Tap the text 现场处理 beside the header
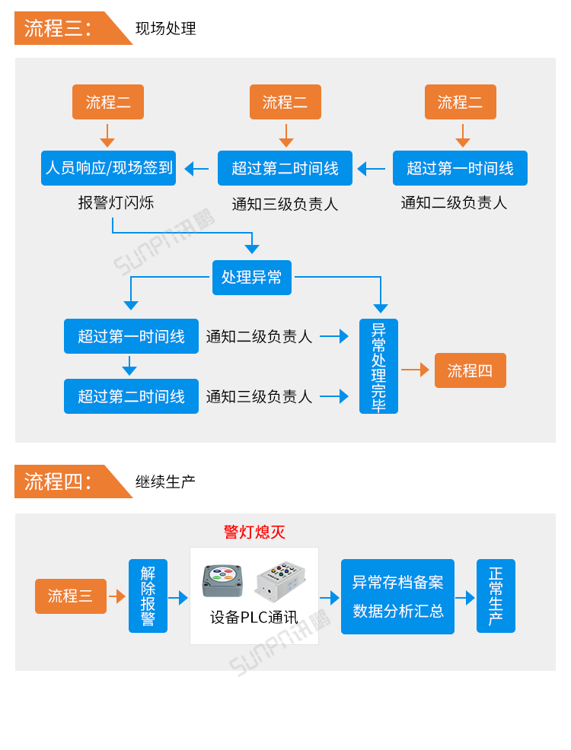coord(165,29)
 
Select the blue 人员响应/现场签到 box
coord(108,168)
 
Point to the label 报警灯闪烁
coord(116,203)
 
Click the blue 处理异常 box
coord(251,278)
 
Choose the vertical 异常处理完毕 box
coord(378,367)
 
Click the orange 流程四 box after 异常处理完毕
coord(470,370)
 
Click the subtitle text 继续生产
coord(165,481)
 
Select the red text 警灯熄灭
coord(254,532)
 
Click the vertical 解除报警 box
coord(148,596)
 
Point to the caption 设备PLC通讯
coord(254,618)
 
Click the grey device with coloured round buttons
coord(222,580)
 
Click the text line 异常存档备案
coord(397,583)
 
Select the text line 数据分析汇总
coord(397,611)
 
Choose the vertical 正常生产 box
coord(496,596)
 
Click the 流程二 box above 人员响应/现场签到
coord(108,102)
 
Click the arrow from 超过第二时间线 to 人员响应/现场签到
coord(196,169)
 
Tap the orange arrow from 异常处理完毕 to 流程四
coord(416,370)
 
